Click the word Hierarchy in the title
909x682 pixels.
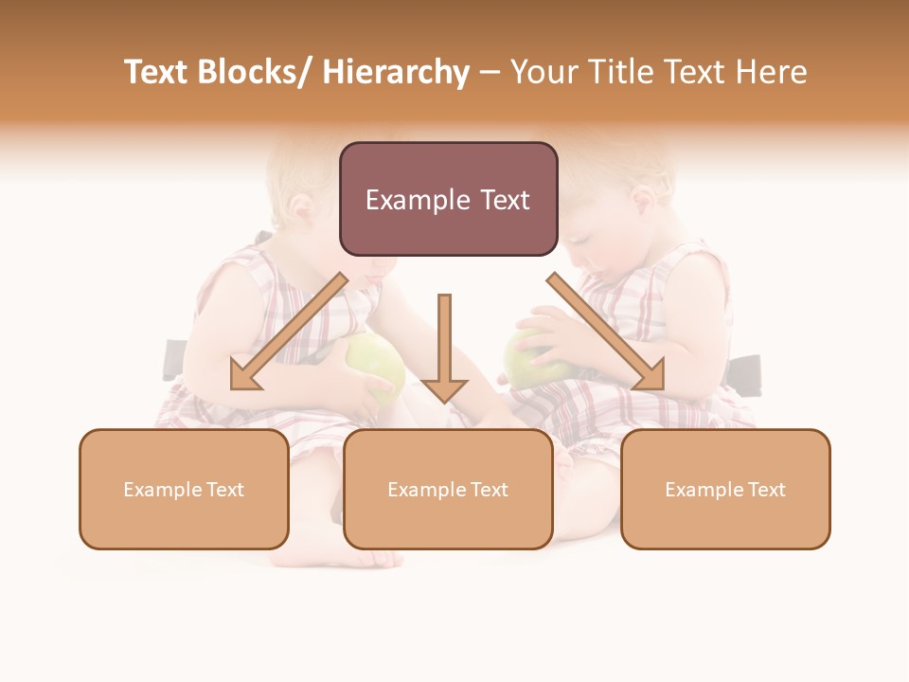tap(396, 73)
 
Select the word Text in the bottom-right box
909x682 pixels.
tap(766, 490)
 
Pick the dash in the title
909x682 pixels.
tap(490, 73)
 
